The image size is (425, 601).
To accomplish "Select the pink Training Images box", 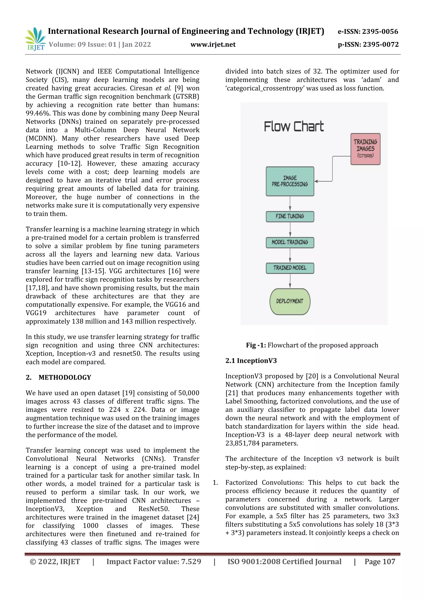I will tap(365, 149).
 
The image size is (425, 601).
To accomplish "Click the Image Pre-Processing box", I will tap(290, 181).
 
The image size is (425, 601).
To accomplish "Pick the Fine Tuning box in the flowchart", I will tap(290, 216).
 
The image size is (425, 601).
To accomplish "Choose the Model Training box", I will tap(290, 242).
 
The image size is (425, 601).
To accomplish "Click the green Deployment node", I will tap(290, 301).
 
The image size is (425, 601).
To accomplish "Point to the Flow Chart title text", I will tap(294, 127).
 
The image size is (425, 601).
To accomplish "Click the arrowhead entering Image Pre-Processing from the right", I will tap(316, 181).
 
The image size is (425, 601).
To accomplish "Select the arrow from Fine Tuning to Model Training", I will tap(290, 230).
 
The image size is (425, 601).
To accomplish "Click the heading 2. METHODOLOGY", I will tap(58, 377).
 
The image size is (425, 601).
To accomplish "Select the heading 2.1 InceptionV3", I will tap(251, 361).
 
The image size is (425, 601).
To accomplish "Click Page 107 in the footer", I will tap(380, 562).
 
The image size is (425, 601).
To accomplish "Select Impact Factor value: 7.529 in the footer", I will tap(154, 562).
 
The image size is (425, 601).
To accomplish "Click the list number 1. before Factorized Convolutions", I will tap(215, 483).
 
